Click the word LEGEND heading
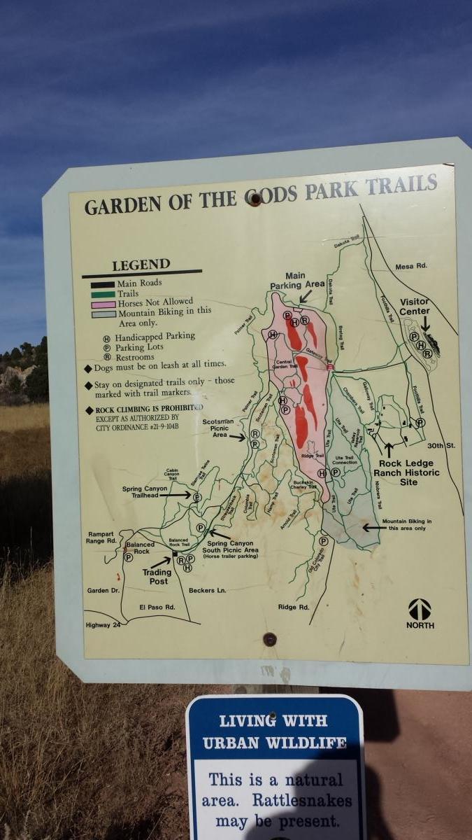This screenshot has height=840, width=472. (141, 265)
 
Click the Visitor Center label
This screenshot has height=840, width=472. (415, 307)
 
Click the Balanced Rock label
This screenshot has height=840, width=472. (140, 547)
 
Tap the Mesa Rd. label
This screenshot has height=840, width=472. (411, 266)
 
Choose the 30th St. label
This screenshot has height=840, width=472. (441, 445)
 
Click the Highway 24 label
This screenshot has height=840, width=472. (103, 624)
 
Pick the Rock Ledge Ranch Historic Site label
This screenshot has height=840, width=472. (410, 472)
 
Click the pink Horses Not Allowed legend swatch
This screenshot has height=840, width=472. (99, 304)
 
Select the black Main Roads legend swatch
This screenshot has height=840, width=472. (99, 283)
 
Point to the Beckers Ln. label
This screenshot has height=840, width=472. (208, 591)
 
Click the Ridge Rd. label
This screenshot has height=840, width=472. (293, 607)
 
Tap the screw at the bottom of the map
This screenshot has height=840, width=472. (269, 638)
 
